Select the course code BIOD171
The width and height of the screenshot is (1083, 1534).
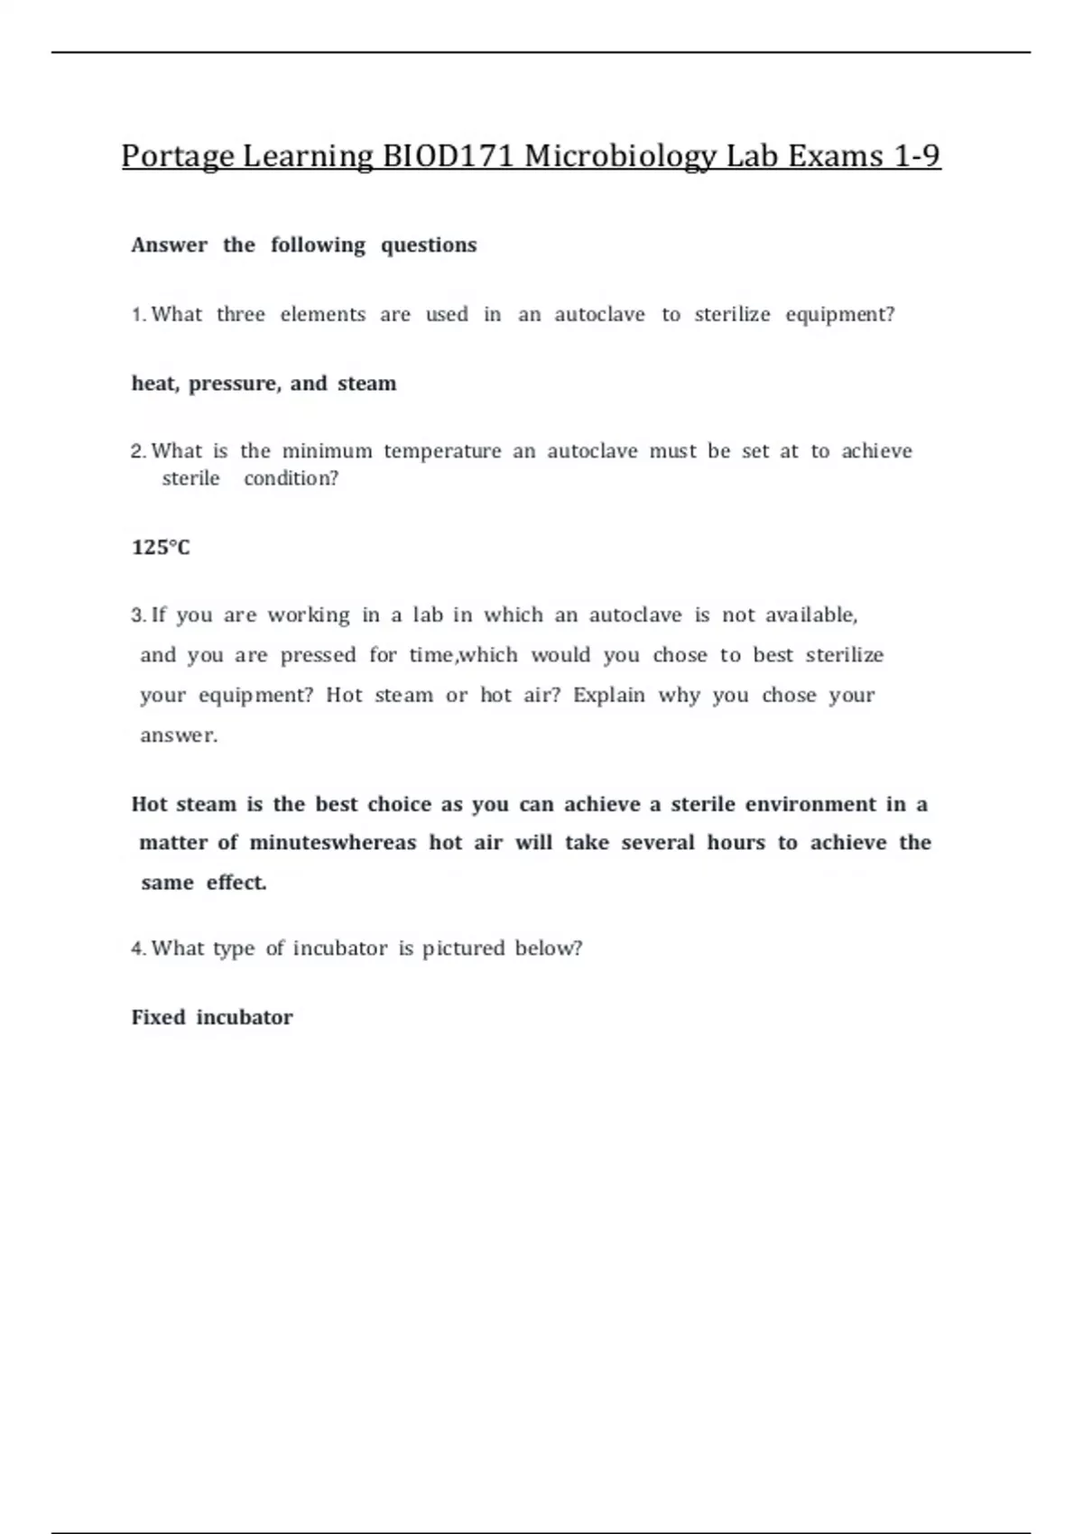(x=449, y=156)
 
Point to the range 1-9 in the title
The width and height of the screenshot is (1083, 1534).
(x=917, y=156)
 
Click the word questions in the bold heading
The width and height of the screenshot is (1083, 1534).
(x=429, y=245)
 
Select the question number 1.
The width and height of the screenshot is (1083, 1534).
(x=137, y=315)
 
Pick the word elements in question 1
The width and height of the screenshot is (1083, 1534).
(x=322, y=315)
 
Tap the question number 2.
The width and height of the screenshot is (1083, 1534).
(x=137, y=451)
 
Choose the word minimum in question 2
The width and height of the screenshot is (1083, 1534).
(x=327, y=451)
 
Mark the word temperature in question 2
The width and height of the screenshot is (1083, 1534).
(x=442, y=451)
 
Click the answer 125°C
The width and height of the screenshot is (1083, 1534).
(x=161, y=548)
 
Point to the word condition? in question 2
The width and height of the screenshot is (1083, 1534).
(x=291, y=478)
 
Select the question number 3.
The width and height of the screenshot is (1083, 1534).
(x=137, y=615)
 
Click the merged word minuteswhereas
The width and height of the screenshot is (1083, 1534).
(x=332, y=843)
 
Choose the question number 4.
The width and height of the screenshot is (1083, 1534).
(x=137, y=948)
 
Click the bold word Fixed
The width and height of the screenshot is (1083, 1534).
(x=158, y=1018)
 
